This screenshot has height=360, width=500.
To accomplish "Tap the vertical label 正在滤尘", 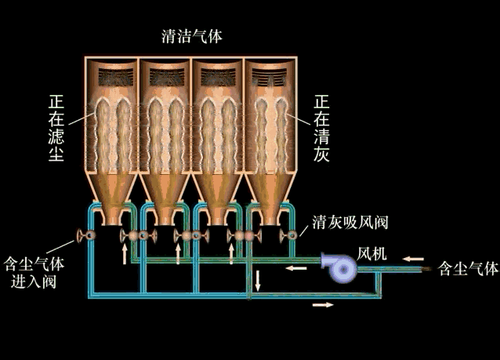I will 56,129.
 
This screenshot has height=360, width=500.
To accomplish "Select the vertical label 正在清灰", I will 321,129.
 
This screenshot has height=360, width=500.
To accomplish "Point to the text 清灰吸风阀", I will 350,222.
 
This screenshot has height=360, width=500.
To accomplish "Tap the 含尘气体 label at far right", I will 467,269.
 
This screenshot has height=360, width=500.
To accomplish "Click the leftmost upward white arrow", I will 125,253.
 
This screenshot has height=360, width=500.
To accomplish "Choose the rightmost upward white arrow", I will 230,253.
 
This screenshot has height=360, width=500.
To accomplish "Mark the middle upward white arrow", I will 178,253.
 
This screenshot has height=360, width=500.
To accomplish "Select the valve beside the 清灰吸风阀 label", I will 290,235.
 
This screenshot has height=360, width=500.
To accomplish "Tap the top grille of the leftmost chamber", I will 112,76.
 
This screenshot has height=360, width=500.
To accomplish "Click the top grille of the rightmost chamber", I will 272,76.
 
